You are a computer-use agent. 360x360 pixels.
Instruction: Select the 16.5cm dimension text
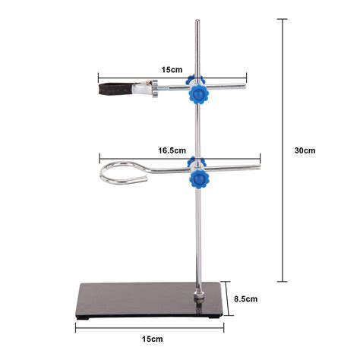point(172,151)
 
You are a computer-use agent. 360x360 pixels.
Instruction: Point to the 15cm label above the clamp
point(172,69)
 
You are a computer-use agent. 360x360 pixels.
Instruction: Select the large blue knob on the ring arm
point(200,178)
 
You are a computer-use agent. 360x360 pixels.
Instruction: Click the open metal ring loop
point(125,176)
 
